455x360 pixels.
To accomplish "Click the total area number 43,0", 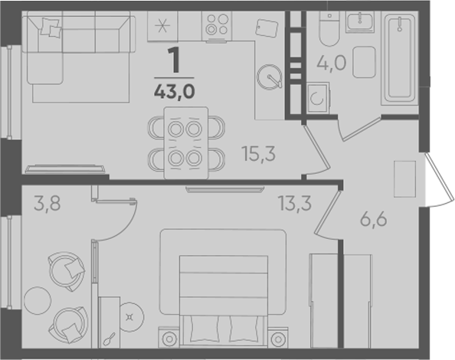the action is point(175,92).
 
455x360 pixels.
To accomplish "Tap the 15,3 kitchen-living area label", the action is point(260,154).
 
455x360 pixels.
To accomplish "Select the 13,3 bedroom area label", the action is point(295,203).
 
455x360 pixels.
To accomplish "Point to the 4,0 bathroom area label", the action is point(332,63).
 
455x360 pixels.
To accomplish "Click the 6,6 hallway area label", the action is point(374,219).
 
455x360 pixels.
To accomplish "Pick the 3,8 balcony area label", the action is point(47,203).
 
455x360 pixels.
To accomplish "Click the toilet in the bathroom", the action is point(329,28).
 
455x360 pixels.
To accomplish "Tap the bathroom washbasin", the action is point(360,21).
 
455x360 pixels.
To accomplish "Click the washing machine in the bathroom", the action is point(317,98).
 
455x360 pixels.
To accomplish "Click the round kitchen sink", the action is point(270,77).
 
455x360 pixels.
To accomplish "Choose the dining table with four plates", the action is point(186,143).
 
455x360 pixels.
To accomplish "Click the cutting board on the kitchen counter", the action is point(267,28).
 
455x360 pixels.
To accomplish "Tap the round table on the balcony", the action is point(38,300).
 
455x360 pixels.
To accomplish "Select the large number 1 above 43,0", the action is point(175,60).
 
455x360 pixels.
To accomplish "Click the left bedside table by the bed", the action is point(169,338).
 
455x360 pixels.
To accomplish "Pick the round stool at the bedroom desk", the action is point(131,317).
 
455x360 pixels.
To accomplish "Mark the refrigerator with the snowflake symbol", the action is point(162,26).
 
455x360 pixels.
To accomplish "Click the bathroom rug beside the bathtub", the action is point(364,62).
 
